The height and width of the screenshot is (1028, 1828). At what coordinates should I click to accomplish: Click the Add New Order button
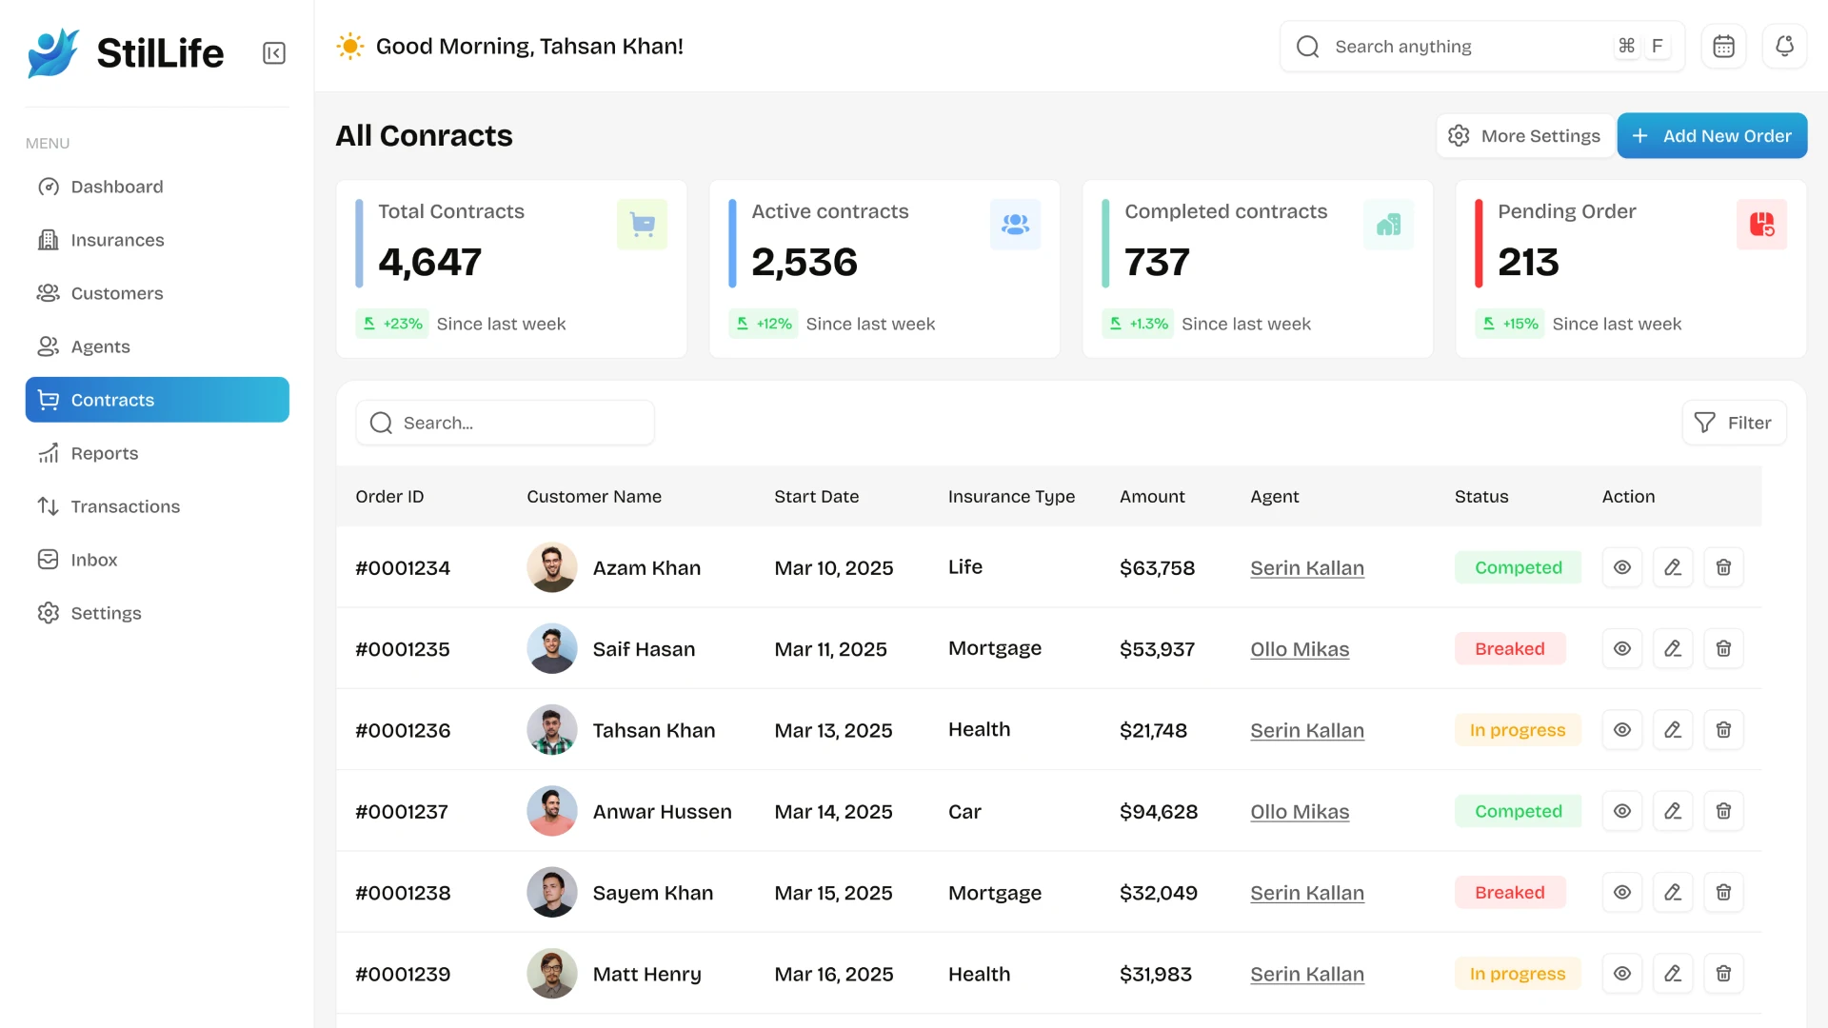click(x=1711, y=136)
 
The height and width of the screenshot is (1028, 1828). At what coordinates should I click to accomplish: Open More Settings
click(x=1524, y=136)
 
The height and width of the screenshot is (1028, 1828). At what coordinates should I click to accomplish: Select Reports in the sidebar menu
click(x=104, y=453)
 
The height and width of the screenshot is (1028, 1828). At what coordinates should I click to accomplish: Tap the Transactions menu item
click(x=125, y=506)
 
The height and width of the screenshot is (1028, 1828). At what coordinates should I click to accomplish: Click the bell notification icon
click(x=1784, y=46)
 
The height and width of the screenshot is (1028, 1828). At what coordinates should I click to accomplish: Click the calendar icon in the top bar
click(x=1723, y=46)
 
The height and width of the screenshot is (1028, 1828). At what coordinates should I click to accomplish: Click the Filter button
click(x=1734, y=423)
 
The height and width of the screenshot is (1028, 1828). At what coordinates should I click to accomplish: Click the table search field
click(x=505, y=423)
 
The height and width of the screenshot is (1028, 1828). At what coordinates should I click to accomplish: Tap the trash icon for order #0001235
click(x=1722, y=649)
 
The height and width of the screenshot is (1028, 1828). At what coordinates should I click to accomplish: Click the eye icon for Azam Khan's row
click(x=1622, y=567)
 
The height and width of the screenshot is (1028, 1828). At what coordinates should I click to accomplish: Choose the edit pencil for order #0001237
click(x=1672, y=811)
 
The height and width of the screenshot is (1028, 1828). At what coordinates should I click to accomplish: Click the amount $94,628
click(x=1159, y=812)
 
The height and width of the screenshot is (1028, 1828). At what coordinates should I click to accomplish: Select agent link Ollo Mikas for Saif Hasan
click(x=1300, y=649)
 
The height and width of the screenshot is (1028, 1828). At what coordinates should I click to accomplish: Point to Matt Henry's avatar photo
click(x=551, y=974)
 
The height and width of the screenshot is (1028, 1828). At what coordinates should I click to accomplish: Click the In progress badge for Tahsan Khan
click(x=1517, y=730)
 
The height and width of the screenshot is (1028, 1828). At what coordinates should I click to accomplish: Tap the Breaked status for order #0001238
click(x=1509, y=893)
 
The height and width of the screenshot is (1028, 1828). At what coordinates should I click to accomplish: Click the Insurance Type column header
click(x=1011, y=496)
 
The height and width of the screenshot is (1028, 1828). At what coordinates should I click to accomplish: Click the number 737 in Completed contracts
click(x=1157, y=263)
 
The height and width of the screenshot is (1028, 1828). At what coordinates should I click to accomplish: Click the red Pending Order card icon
click(x=1760, y=225)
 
